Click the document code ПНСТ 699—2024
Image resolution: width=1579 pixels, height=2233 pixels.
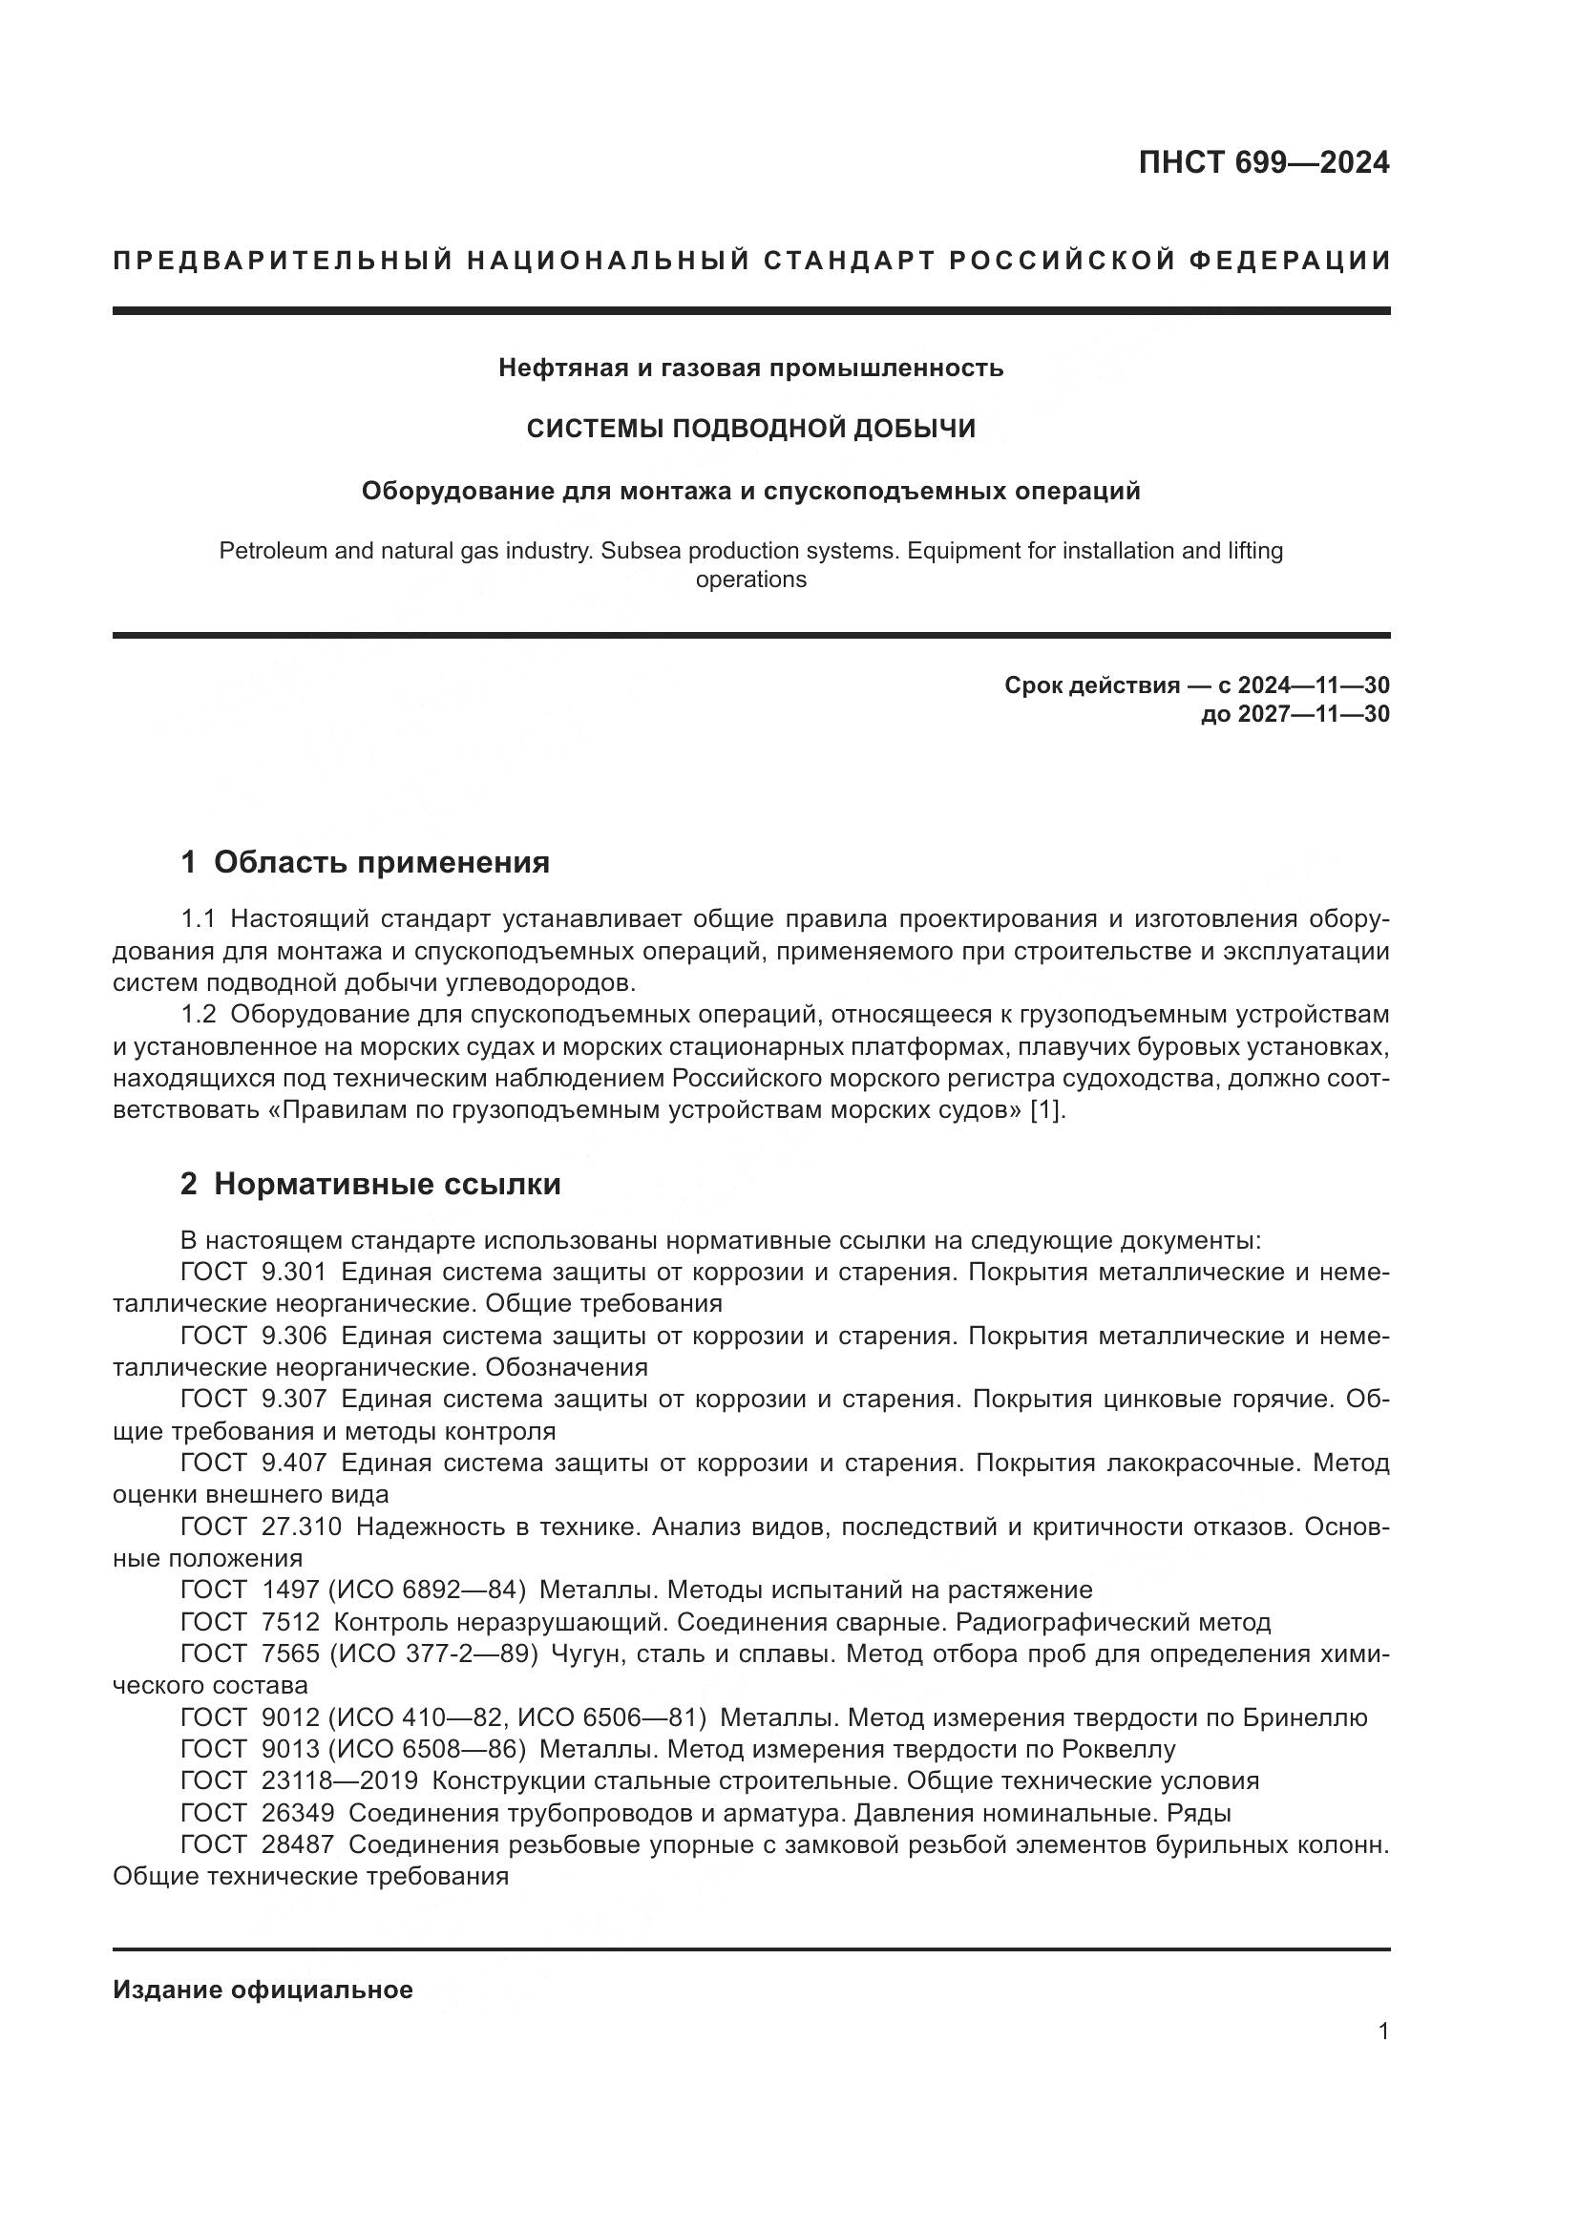click(1263, 162)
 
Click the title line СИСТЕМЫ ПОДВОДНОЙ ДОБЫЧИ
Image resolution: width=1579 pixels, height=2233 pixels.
click(750, 429)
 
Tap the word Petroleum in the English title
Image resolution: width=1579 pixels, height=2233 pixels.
click(271, 551)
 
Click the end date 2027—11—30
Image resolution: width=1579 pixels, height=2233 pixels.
click(1314, 714)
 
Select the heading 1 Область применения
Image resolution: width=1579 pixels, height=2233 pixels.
click(366, 862)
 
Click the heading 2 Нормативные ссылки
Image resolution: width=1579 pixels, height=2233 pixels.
click(370, 1184)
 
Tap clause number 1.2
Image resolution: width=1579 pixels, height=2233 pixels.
click(199, 1015)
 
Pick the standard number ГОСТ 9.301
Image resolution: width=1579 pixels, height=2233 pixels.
click(254, 1272)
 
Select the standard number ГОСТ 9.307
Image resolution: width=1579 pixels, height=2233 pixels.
click(254, 1399)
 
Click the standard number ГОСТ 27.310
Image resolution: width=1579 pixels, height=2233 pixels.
click(261, 1526)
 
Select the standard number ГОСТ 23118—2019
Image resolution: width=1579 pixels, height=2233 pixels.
click(300, 1780)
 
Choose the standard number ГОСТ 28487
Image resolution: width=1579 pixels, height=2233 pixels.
click(258, 1844)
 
